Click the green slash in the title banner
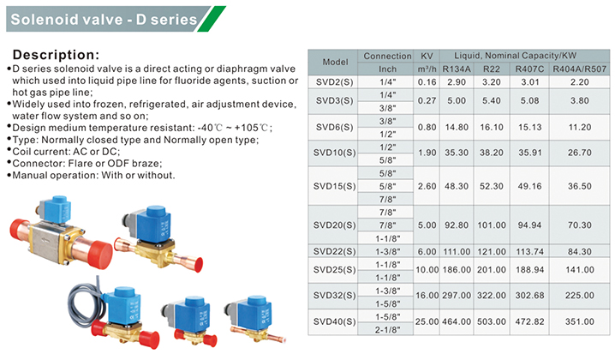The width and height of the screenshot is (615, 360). [212, 19]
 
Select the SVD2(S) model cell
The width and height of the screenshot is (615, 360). [335, 82]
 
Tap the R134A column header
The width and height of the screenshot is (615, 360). [457, 69]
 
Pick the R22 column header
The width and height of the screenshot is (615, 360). [492, 69]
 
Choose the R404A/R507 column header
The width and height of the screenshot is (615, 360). [579, 69]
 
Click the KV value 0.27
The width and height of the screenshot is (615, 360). [427, 101]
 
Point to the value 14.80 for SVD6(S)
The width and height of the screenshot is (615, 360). [457, 127]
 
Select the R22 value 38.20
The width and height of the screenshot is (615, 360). [492, 153]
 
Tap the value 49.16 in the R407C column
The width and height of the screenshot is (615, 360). [529, 186]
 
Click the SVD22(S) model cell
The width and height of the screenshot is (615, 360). [335, 251]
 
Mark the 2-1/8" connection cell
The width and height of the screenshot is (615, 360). [387, 330]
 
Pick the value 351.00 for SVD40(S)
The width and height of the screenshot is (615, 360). [579, 321]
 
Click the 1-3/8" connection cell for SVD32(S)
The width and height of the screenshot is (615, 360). [387, 291]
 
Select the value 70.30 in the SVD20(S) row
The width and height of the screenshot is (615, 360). [579, 225]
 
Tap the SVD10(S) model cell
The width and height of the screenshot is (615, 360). [335, 153]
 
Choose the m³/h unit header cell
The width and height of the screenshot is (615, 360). [427, 69]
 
